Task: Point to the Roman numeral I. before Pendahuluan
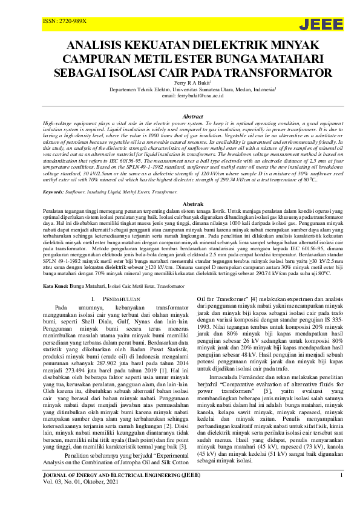click(x=93, y=299)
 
